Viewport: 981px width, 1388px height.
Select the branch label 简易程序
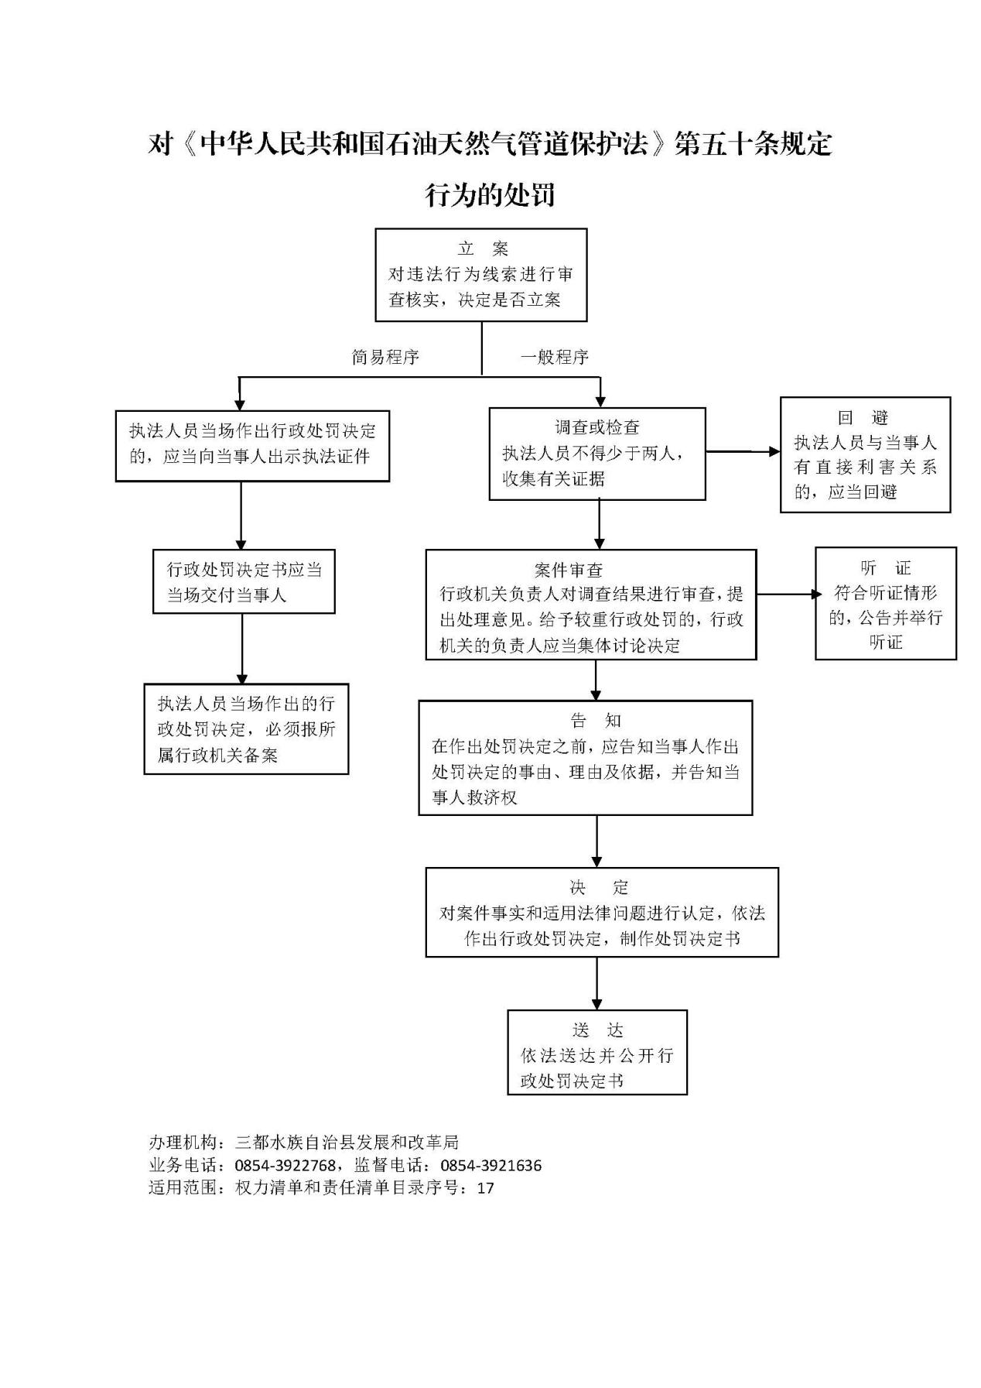385,357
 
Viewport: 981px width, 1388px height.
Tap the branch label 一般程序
554,357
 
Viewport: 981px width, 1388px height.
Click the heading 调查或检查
597,427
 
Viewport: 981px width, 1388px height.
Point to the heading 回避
864,417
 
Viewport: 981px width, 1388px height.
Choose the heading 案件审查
569,571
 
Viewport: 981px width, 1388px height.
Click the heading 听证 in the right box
886,568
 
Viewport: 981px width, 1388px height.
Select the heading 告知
596,721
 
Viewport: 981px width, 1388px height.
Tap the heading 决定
600,887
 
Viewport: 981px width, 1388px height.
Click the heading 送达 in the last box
597,1030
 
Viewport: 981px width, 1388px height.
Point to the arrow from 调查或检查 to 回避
743,451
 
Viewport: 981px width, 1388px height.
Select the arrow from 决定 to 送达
596,983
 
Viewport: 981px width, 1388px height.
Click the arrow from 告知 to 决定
596,841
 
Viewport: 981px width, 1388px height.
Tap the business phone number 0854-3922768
285,1165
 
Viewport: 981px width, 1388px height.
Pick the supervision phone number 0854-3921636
491,1165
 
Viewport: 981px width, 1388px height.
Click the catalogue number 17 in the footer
485,1188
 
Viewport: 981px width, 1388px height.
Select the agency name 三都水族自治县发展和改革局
347,1142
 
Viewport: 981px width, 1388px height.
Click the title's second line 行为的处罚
490,194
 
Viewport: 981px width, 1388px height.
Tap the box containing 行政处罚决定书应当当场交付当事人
244,582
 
